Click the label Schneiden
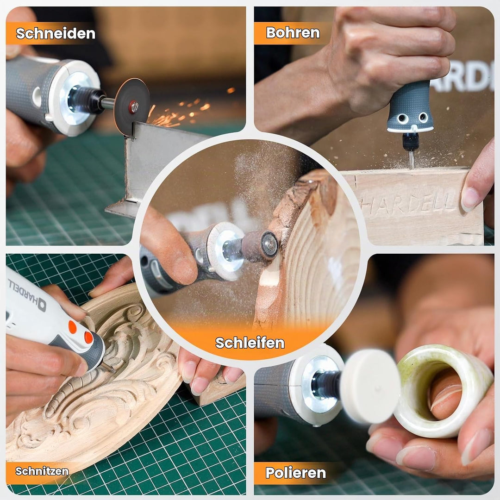[x=56, y=33]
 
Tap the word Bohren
[x=293, y=32]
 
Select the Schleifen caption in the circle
[x=250, y=343]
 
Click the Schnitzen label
[x=42, y=471]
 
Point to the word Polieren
[x=295, y=473]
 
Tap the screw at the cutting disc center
[x=133, y=106]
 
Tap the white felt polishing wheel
[x=370, y=386]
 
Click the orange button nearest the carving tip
[x=88, y=337]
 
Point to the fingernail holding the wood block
[x=470, y=198]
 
